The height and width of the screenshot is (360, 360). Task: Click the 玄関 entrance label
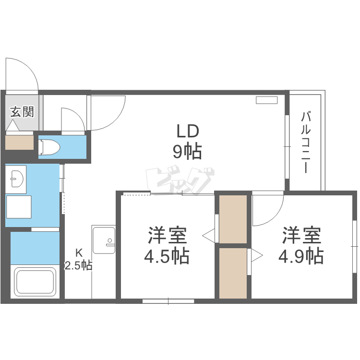pos(22,112)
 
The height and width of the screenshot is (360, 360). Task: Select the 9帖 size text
pos(187,152)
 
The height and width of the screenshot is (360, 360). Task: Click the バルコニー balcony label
pos(306,142)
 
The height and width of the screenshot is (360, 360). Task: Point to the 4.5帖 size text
pos(167,256)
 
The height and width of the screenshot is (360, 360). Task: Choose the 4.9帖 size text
pos(301,255)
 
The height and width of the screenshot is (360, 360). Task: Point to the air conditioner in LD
pos(266,100)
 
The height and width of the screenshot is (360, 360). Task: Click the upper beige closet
pos(233,218)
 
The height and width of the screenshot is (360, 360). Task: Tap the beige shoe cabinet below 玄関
pos(20,143)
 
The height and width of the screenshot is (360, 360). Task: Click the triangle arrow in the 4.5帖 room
pos(209,235)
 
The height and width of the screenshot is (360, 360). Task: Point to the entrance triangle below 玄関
pos(12,127)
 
